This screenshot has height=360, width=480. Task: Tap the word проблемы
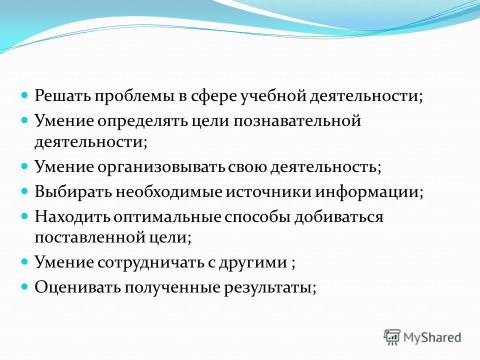pos(134,96)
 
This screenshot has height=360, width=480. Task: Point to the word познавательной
pos(297,120)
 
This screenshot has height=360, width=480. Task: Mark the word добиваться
pos(338,217)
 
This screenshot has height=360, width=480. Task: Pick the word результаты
pos(270,288)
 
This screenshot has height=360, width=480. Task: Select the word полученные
pos(172,288)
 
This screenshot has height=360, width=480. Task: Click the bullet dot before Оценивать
pos(24,287)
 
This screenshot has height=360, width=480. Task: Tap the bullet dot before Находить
pos(24,216)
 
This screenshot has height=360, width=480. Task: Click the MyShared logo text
pos(432,337)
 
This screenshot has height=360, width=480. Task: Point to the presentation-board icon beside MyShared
pos(392,337)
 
